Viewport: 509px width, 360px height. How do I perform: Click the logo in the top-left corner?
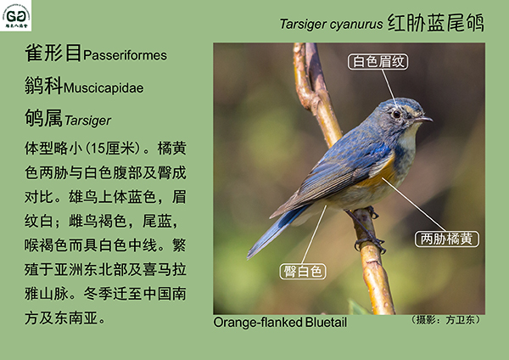(15, 15)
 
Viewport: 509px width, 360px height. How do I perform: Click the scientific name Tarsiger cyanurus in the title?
(331, 24)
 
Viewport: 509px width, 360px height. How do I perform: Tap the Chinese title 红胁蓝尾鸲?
(436, 23)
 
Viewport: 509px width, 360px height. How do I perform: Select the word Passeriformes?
(125, 55)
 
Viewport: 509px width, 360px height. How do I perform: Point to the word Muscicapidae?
(103, 87)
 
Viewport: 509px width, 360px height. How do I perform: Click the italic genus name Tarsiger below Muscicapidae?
(87, 121)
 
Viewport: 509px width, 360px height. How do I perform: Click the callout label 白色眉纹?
(378, 62)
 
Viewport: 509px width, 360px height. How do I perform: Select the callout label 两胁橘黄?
(447, 239)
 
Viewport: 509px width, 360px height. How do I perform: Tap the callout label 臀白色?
(303, 272)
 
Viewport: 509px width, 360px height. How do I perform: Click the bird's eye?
(396, 114)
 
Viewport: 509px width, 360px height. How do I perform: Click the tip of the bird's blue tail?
(249, 257)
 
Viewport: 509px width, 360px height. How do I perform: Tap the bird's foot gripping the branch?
(371, 243)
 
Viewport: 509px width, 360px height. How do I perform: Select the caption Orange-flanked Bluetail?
(280, 323)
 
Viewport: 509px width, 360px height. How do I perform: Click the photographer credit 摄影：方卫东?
(445, 320)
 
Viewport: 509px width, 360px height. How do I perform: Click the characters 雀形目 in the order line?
(53, 53)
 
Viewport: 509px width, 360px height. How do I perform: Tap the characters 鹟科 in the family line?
(43, 86)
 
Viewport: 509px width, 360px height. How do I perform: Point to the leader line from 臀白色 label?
(314, 234)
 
